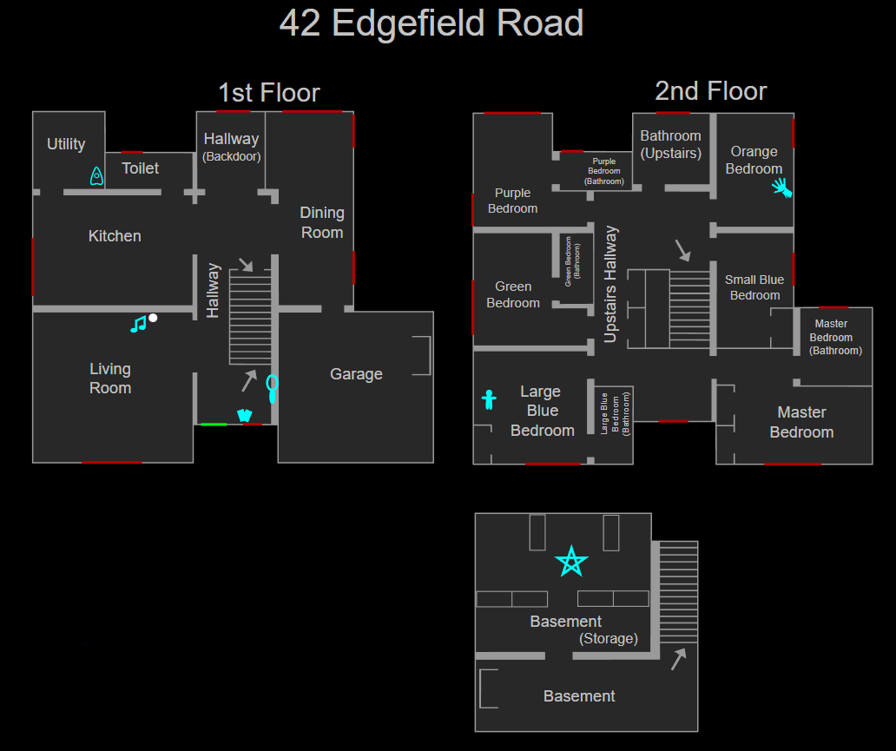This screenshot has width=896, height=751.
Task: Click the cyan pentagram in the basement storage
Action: pyautogui.click(x=571, y=562)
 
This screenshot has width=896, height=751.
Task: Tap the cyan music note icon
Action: pyautogui.click(x=138, y=325)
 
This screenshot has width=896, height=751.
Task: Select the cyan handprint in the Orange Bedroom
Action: pyautogui.click(x=782, y=188)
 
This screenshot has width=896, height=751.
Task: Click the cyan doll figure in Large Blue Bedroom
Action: pyautogui.click(x=489, y=400)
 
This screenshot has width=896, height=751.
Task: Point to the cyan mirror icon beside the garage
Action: pyautogui.click(x=273, y=386)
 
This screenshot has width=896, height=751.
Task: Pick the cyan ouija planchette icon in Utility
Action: pyautogui.click(x=96, y=176)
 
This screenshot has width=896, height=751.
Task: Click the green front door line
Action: pyautogui.click(x=214, y=424)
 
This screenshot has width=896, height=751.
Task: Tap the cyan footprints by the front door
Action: pyautogui.click(x=244, y=416)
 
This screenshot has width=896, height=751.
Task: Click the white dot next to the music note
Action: pyautogui.click(x=153, y=318)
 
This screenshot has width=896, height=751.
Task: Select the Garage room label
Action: pyautogui.click(x=356, y=374)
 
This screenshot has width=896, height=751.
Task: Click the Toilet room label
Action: pyautogui.click(x=141, y=168)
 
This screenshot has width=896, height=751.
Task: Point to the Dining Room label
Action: pyautogui.click(x=322, y=222)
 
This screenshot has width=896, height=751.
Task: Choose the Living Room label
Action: pyautogui.click(x=110, y=379)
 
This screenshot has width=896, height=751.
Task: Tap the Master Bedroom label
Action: pyautogui.click(x=801, y=422)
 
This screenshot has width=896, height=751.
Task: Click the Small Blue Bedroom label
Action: pyautogui.click(x=754, y=287)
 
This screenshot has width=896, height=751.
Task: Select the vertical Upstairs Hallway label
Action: pyautogui.click(x=611, y=284)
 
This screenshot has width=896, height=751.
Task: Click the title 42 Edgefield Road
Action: pyautogui.click(x=432, y=23)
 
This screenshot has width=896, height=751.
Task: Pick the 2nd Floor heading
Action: pyautogui.click(x=711, y=91)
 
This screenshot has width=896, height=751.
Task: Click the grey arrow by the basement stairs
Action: pyautogui.click(x=678, y=660)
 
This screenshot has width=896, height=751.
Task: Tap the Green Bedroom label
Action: pyautogui.click(x=513, y=294)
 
